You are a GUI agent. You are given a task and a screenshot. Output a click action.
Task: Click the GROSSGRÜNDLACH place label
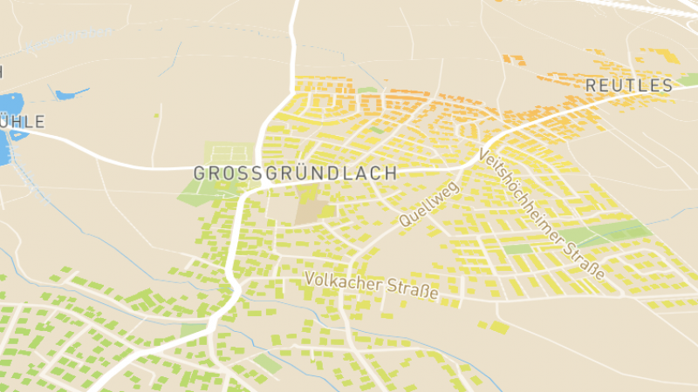point(295,172)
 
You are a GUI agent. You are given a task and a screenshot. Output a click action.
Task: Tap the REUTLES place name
point(629,85)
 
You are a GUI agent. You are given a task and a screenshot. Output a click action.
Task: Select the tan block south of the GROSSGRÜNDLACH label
point(311,211)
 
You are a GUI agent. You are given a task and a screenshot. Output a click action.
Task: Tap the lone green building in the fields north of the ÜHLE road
point(157,113)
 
